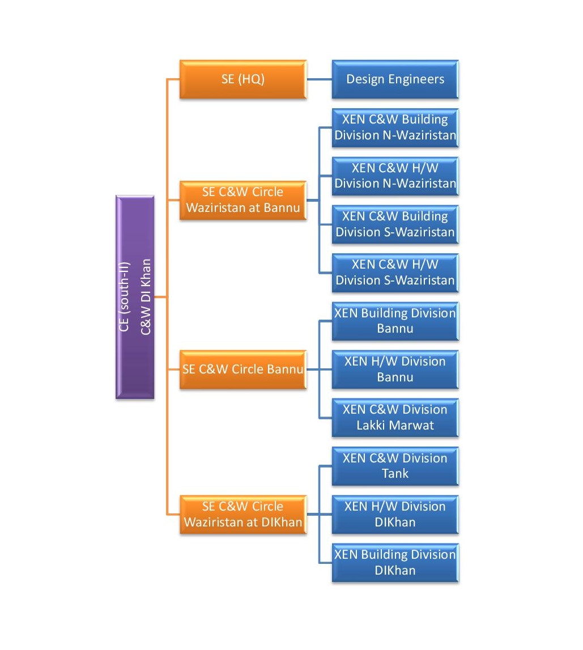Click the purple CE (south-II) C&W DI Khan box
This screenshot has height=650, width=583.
coord(135,296)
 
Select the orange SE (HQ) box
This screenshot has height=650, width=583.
coord(242,79)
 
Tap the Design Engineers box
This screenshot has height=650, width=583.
coord(395,79)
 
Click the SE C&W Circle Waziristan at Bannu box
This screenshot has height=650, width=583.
coord(242,200)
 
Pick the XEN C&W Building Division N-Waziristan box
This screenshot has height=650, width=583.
coord(395,128)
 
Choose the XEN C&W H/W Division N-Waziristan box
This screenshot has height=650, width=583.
coord(395,176)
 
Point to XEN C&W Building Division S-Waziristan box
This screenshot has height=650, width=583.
coord(395,224)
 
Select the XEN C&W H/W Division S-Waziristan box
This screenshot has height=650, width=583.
coord(395,273)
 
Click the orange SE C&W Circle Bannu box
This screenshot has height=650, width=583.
coord(242,369)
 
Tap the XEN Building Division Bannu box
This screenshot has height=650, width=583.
coord(395,321)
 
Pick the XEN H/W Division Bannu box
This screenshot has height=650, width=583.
coord(395,369)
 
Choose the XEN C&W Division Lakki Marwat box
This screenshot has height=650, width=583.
coord(395,418)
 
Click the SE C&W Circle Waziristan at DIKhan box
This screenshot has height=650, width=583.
coord(242,514)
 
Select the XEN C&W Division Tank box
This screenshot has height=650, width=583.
coord(395,466)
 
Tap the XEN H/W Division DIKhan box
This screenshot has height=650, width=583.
coord(395,514)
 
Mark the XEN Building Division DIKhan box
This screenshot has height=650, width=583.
coord(395,562)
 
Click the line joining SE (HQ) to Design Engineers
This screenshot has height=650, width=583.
coord(319,79)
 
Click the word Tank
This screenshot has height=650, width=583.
coord(395,473)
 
